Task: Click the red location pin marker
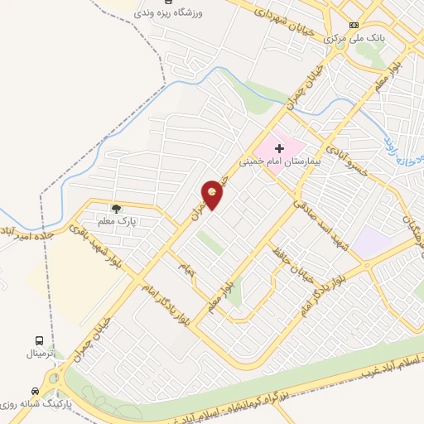[x=214, y=195]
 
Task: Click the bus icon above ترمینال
[x=39, y=340]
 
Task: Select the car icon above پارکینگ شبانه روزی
[x=34, y=390]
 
